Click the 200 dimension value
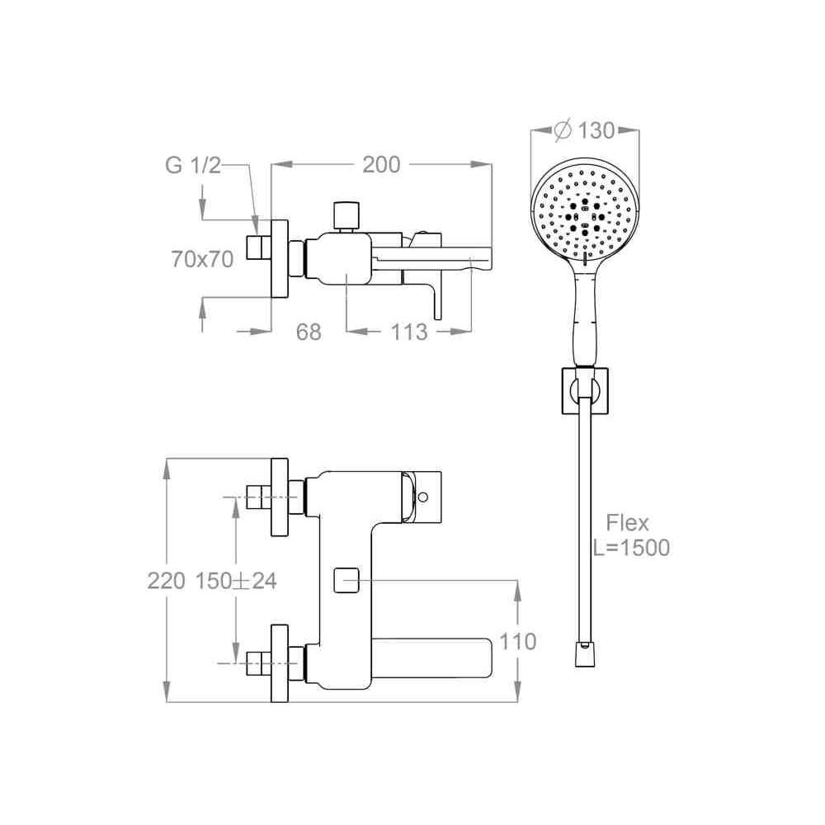tap(381, 165)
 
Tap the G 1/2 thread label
tap(192, 165)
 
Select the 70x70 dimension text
tap(202, 259)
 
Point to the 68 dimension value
tap(309, 332)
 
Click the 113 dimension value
tap(409, 332)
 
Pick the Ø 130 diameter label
tap(585, 130)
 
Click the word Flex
tap(627, 522)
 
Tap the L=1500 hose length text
tap(631, 547)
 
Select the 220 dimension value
tap(167, 581)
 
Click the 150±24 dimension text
tap(236, 581)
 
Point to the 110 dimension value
tap(518, 641)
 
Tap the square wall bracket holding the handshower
tap(585, 390)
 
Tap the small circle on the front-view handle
tap(422, 497)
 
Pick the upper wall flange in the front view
tap(280, 497)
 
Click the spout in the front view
tap(431, 658)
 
